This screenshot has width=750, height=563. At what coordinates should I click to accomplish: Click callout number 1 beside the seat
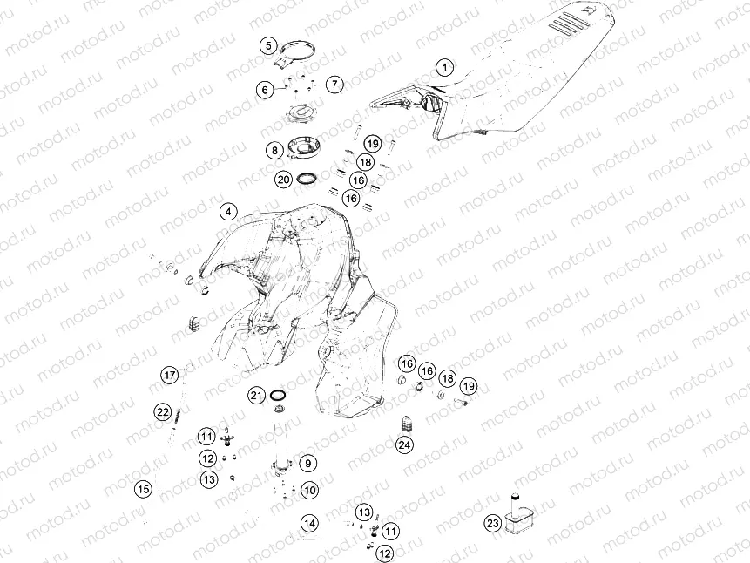pyautogui.click(x=445, y=67)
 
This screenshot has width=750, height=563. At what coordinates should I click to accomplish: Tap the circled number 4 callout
pyautogui.click(x=228, y=212)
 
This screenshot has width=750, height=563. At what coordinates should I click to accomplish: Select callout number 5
pyautogui.click(x=268, y=45)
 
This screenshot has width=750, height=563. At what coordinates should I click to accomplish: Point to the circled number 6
pyautogui.click(x=265, y=90)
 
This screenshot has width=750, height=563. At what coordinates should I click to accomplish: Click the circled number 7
pyautogui.click(x=334, y=85)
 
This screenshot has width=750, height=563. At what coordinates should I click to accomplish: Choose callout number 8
pyautogui.click(x=274, y=151)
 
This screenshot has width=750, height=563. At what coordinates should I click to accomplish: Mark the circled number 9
pyautogui.click(x=308, y=463)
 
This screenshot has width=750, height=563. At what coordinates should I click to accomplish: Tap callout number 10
pyautogui.click(x=310, y=491)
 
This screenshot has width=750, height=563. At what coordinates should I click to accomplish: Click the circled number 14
pyautogui.click(x=310, y=523)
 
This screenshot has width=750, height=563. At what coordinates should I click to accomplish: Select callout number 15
pyautogui.click(x=144, y=489)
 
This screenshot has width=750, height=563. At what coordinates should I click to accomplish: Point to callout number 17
pyautogui.click(x=170, y=375)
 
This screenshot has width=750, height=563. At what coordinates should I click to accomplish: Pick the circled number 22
pyautogui.click(x=163, y=411)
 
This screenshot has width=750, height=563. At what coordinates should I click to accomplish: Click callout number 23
pyautogui.click(x=493, y=523)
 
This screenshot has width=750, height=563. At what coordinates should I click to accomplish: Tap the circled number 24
pyautogui.click(x=405, y=444)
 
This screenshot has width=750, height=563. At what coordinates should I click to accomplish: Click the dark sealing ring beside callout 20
pyautogui.click(x=307, y=179)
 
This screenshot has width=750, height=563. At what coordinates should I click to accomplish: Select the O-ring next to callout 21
pyautogui.click(x=277, y=396)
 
